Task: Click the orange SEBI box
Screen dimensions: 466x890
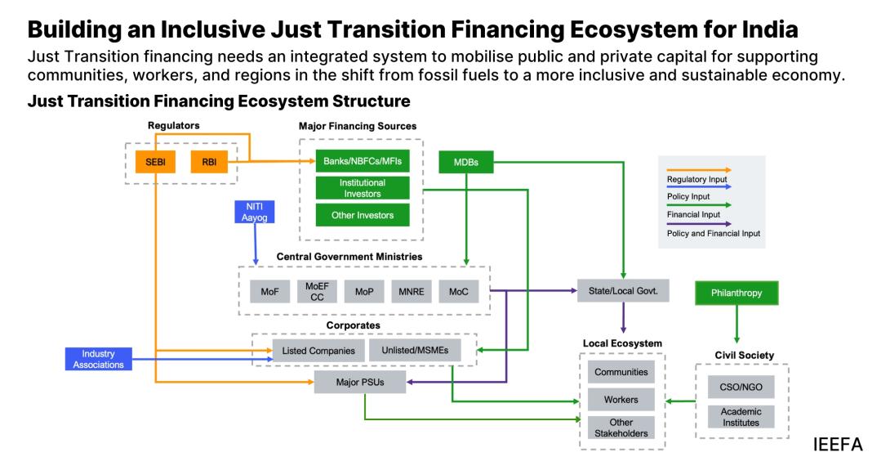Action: click(x=155, y=162)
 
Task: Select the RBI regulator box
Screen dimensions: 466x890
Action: click(x=209, y=162)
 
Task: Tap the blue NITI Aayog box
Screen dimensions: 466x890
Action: click(x=255, y=212)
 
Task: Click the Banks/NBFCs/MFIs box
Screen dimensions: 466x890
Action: click(x=362, y=161)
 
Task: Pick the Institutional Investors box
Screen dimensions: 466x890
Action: click(x=362, y=188)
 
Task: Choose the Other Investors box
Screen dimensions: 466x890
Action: click(x=362, y=215)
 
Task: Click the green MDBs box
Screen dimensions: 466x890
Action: click(x=466, y=163)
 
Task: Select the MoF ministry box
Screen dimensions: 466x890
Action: click(x=270, y=292)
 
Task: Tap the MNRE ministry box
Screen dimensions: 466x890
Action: click(x=411, y=292)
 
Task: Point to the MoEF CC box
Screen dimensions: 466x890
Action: click(x=317, y=292)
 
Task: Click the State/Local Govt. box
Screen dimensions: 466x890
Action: click(x=623, y=290)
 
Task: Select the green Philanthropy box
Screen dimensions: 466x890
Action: click(x=736, y=293)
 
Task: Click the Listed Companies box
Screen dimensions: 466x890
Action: click(x=318, y=351)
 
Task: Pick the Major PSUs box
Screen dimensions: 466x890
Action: click(x=360, y=381)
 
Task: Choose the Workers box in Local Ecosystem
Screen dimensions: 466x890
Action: click(x=621, y=400)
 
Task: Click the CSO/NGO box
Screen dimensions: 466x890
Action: click(x=741, y=387)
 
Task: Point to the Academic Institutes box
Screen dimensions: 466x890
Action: click(x=741, y=417)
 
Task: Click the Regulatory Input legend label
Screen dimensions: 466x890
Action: click(x=696, y=179)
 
